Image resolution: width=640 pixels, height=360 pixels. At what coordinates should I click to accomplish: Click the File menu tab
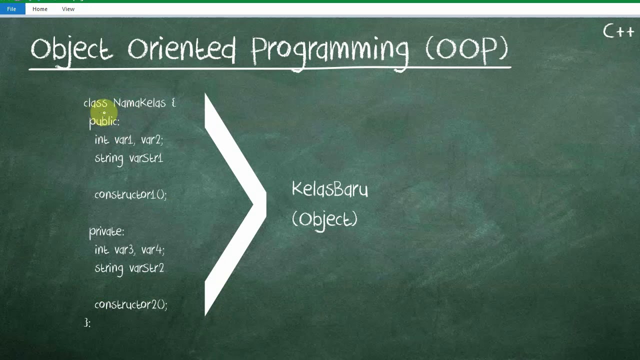pos(11,9)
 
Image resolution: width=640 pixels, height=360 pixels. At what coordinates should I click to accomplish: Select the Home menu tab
pos(40,9)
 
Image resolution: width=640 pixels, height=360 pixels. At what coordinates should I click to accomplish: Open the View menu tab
pos(68,9)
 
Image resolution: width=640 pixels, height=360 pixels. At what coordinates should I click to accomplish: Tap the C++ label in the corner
pos(618,32)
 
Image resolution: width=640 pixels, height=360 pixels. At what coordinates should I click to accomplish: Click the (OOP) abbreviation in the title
pos(466,49)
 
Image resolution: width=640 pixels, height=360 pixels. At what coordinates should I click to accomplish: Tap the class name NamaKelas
pos(139,103)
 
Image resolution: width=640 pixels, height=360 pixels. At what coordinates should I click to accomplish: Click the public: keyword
pos(104,121)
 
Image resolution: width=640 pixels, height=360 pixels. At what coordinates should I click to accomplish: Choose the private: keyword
pos(106,231)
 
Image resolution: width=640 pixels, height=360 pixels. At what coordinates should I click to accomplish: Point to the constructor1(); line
pos(130,194)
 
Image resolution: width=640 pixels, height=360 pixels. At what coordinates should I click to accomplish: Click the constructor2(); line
pos(130,304)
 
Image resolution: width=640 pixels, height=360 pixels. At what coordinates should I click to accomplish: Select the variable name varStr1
pos(146,158)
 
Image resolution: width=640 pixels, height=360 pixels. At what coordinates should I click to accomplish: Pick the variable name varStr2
pos(146,268)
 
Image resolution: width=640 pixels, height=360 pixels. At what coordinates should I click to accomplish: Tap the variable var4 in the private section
pos(152,249)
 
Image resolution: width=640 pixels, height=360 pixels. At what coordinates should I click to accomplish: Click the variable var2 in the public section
pos(151,140)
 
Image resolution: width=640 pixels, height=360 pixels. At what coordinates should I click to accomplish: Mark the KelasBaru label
pos(329,189)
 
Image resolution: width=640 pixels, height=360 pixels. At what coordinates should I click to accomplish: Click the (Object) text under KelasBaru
pos(324,219)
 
